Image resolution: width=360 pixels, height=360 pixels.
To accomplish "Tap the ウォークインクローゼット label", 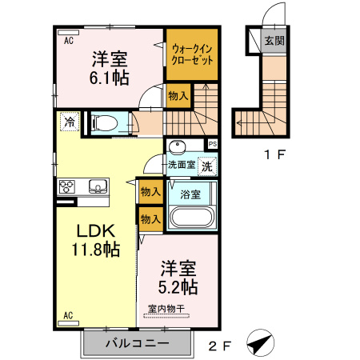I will [192, 54].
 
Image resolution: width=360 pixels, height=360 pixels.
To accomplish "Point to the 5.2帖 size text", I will [178, 286].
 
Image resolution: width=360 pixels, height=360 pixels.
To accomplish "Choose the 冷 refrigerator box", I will [70, 122].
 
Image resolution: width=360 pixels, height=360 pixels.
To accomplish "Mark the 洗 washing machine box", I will [207, 167].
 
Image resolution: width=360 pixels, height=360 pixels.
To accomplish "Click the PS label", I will [212, 144].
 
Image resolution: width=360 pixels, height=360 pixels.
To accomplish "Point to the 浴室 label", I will [190, 194].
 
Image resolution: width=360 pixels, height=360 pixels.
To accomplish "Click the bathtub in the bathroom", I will [192, 218].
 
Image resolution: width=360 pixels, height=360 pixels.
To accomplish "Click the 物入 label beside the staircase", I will [178, 96].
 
